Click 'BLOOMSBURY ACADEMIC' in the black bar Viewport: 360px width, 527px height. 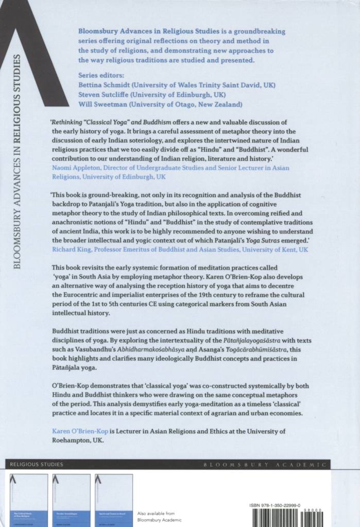[x=265, y=465]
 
